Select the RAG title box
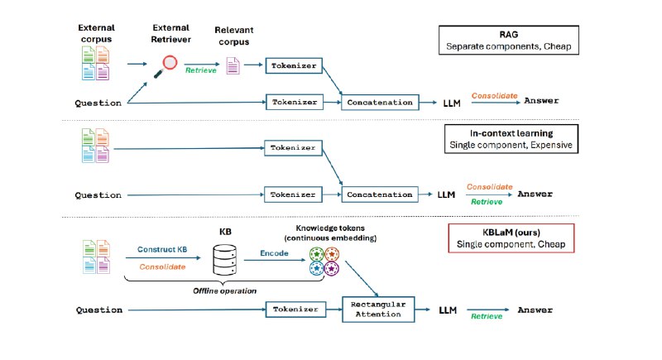coord(509,40)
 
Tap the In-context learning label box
coord(511,139)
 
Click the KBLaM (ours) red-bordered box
coord(511,238)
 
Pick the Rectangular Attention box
coord(378,310)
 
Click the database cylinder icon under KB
coord(224,260)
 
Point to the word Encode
coord(274,253)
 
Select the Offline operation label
coord(224,290)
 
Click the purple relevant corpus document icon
coord(233,66)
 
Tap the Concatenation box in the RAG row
coord(380,102)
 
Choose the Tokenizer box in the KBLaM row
coord(295,310)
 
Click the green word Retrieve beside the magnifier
coord(201,70)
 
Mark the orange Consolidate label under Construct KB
coord(162,266)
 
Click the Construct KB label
coord(162,249)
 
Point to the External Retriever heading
coord(171,33)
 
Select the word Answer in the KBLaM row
coord(535,310)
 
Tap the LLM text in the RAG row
coord(452,103)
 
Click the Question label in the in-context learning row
coord(98,195)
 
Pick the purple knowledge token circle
coord(332,268)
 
